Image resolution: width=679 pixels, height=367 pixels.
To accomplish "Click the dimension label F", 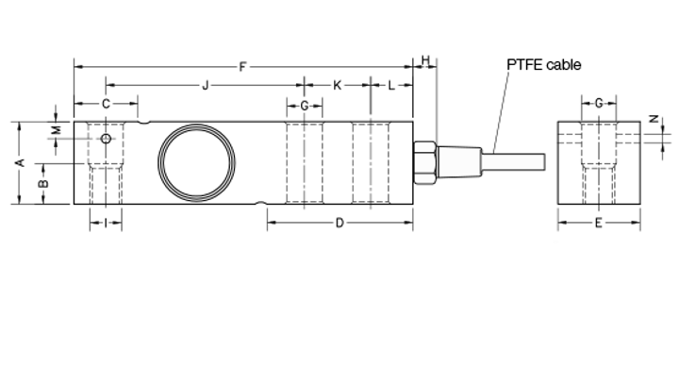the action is pyautogui.click(x=242, y=67).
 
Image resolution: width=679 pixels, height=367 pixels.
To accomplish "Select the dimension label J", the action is pyautogui.click(x=206, y=85).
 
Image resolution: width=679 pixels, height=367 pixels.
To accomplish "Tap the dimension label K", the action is pyautogui.click(x=337, y=85).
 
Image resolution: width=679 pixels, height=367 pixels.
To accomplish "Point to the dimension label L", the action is pyautogui.click(x=391, y=85).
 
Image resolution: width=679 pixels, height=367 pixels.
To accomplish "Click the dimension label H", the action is pyautogui.click(x=425, y=60).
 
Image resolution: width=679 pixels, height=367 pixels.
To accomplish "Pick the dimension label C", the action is pyautogui.click(x=106, y=104).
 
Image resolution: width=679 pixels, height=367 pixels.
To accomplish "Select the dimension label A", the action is pyautogui.click(x=20, y=163).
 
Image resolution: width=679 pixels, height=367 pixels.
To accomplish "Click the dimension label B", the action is pyautogui.click(x=43, y=184).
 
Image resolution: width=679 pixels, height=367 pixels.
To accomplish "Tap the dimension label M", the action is pyautogui.click(x=57, y=129).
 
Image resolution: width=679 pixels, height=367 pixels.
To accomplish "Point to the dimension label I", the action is pyautogui.click(x=106, y=224).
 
